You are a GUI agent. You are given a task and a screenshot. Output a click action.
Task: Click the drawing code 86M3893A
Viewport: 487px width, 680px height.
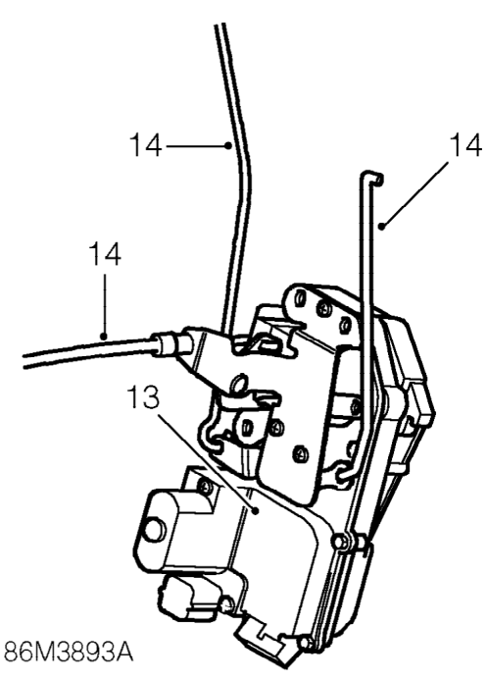pyautogui.click(x=68, y=652)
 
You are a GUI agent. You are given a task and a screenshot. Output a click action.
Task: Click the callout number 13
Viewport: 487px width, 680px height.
pyautogui.click(x=143, y=397)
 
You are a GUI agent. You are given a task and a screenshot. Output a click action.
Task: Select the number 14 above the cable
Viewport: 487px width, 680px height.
pyautogui.click(x=105, y=254)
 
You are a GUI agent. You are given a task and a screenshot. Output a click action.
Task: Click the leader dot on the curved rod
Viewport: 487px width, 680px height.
pyautogui.click(x=228, y=145)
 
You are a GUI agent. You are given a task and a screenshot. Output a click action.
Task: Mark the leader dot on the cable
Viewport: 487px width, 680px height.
pyautogui.click(x=104, y=337)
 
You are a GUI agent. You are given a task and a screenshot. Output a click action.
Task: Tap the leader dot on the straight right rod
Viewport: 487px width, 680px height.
pyautogui.click(x=381, y=226)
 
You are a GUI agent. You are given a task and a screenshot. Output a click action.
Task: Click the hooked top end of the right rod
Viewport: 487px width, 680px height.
pyautogui.click(x=372, y=177)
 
